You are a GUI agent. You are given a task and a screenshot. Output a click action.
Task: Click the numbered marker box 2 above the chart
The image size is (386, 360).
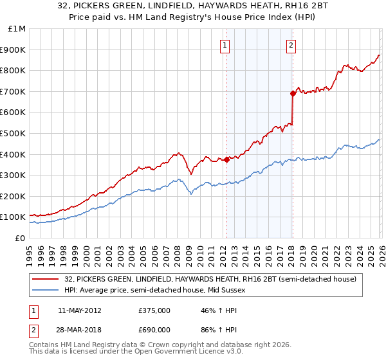[x=291, y=45]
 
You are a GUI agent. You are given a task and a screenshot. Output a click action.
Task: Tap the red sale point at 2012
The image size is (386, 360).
[x=226, y=159]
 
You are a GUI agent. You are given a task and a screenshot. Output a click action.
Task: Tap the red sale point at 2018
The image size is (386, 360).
[x=293, y=93]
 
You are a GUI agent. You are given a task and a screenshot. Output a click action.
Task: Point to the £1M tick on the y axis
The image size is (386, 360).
[x=17, y=29]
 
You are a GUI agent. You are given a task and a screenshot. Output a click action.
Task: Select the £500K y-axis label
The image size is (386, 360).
[x=13, y=134]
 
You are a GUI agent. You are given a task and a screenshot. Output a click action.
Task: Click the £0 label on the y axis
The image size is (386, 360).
[x=21, y=238]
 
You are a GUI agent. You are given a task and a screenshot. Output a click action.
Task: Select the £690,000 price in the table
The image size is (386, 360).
[x=154, y=329]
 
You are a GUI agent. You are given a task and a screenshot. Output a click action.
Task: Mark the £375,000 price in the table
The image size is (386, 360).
[x=154, y=310]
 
